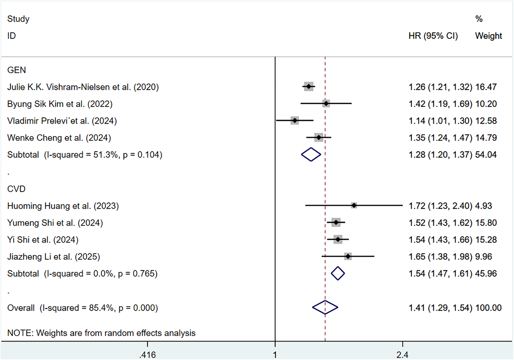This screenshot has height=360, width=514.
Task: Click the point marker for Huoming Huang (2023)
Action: (x=354, y=205)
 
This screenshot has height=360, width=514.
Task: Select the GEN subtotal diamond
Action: (x=311, y=154)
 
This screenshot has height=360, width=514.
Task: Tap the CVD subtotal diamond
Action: (x=338, y=273)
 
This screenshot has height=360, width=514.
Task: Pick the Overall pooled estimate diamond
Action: (x=325, y=307)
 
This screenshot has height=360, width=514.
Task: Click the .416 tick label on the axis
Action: (x=148, y=355)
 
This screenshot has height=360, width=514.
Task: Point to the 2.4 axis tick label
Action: (x=402, y=355)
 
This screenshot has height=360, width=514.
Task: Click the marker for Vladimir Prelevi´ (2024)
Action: (x=295, y=120)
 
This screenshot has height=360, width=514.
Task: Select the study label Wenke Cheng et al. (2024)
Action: (x=59, y=138)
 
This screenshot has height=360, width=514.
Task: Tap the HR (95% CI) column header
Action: (x=433, y=36)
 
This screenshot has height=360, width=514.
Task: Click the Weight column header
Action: (x=488, y=36)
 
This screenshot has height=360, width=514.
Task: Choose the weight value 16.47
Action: (x=486, y=87)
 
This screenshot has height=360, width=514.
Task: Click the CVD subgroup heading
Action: (x=16, y=189)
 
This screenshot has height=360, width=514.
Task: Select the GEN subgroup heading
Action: (x=17, y=70)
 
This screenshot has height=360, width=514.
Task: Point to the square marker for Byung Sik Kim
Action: (x=326, y=104)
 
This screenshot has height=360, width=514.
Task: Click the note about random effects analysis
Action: (x=101, y=333)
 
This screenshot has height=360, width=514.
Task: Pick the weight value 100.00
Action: (x=488, y=308)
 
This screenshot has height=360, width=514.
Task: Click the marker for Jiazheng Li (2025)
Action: (x=348, y=256)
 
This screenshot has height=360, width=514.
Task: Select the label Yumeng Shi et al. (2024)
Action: (x=55, y=223)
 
